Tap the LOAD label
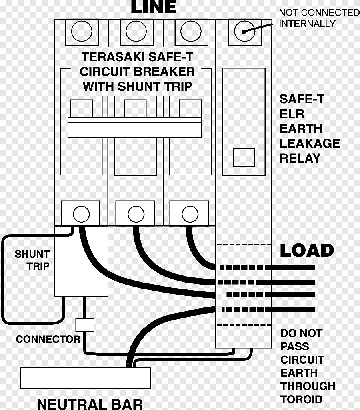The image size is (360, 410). [307, 250]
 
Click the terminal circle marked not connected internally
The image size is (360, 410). [244, 31]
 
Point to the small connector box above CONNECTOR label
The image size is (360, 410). [85, 325]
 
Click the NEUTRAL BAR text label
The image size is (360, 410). [90, 404]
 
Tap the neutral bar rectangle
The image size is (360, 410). [86, 378]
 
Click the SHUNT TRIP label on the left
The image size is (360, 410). [32, 260]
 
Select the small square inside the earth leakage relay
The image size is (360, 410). [244, 157]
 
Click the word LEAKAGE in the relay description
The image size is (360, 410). [310, 143]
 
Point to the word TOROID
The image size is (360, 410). [302, 399]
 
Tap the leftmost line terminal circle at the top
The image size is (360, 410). [82, 31]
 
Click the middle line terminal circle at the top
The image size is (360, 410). [136, 31]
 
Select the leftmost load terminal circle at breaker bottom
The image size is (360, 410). [81, 214]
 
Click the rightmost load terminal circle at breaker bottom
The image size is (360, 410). [190, 214]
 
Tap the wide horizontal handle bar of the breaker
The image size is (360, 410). [134, 127]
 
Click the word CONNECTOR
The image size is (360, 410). [48, 339]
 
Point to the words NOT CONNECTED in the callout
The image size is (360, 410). [319, 12]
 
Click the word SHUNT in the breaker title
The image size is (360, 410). [138, 86]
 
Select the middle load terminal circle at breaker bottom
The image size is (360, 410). [136, 214]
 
